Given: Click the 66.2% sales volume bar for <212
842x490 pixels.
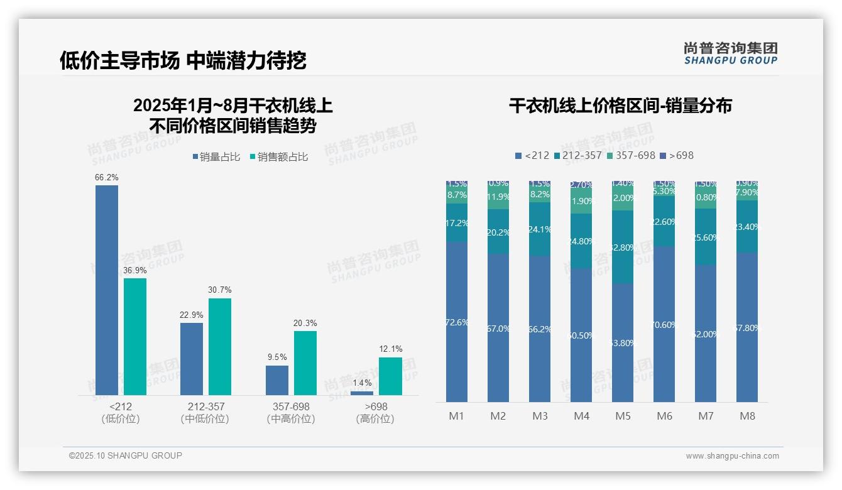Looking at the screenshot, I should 106,290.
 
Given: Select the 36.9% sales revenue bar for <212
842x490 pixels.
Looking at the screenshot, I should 135,336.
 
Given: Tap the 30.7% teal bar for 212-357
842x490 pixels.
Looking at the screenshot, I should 220,346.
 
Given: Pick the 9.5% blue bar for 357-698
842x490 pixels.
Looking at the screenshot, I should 277,380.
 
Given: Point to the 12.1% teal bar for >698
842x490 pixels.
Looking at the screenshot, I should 390,376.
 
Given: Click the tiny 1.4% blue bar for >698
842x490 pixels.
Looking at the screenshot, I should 362,393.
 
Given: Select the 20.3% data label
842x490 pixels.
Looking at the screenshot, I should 305,323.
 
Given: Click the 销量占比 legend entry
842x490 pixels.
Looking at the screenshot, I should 216,157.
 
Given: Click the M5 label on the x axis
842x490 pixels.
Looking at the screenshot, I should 623,416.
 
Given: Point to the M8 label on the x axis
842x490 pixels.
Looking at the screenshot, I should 747,416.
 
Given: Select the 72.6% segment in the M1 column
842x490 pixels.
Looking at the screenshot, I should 457,322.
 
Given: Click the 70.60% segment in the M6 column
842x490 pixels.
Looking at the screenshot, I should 664,324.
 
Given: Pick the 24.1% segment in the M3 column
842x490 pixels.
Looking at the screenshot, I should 540,229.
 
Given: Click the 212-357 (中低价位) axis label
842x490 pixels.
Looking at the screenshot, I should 205,413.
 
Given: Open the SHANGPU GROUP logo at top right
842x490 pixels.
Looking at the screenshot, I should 730,53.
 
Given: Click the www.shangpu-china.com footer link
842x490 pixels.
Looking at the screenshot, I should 732,456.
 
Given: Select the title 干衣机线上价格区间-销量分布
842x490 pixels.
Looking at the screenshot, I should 620,106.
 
